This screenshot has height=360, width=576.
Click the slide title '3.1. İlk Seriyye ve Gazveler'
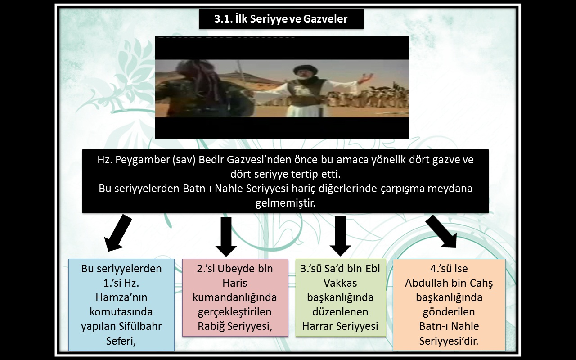(281, 19)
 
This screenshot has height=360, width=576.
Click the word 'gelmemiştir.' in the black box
(285, 203)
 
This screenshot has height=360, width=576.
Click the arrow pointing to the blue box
(118, 233)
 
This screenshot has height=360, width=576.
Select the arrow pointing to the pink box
(226, 237)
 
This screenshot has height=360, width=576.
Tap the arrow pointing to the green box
(340, 236)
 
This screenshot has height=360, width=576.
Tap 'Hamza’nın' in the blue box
(121, 297)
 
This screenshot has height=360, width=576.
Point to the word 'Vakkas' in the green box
(340, 283)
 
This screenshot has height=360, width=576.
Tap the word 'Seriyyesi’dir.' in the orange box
(449, 341)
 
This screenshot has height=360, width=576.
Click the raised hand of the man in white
(366, 77)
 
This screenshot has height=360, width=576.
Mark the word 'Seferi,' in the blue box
(121, 341)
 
